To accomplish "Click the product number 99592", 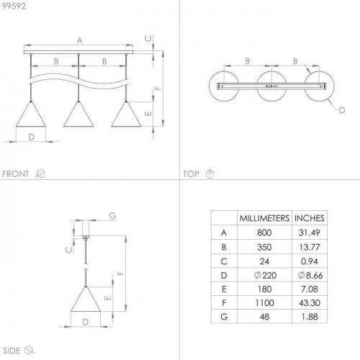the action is coord(14,6).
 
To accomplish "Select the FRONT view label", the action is coord(15,174).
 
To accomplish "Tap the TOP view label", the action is coord(191,174).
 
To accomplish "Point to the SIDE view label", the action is coord(12,351).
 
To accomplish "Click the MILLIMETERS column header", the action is coord(264,218).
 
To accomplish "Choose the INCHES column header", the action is coord(310,218).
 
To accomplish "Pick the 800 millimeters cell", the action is coord(264,233).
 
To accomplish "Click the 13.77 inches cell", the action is coord(310,247).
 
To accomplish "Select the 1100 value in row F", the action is coord(264,303).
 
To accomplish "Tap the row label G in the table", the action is coord(224,317).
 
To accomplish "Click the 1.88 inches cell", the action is coord(310,317).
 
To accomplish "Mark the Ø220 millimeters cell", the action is coord(265,275).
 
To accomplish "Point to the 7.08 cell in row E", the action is coord(310,289).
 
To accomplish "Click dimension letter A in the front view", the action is coord(80,40).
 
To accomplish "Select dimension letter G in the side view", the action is coord(112,215).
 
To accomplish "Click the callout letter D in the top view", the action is coord(342,110).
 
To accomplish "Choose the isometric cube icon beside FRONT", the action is coord(40,174).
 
